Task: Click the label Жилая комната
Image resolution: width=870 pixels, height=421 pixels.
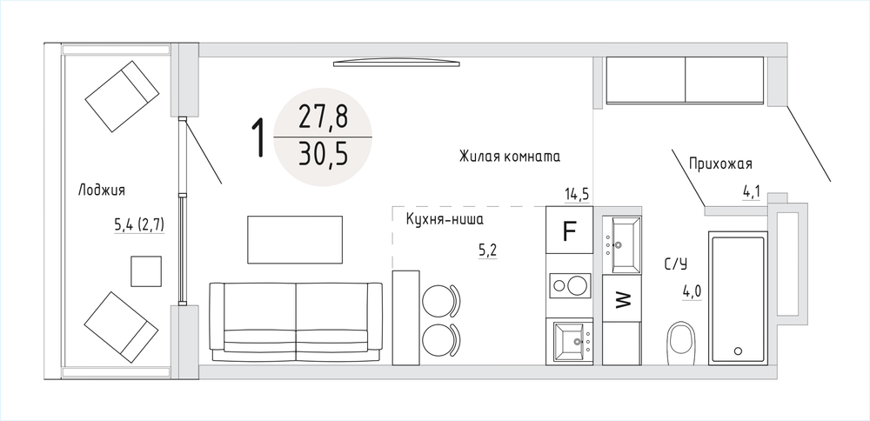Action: (509, 157)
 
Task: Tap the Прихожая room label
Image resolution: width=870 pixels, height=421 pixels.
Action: (720, 164)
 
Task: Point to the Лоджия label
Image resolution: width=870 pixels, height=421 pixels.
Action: (101, 190)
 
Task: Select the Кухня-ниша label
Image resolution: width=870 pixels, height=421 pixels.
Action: (445, 220)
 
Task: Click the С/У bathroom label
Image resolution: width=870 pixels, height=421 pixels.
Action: (676, 264)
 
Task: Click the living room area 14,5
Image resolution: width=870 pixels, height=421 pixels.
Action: (577, 195)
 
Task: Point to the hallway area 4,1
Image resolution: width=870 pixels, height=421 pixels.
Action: (751, 192)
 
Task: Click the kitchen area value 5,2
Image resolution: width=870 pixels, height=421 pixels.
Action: (487, 251)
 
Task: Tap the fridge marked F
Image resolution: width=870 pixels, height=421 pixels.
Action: (569, 231)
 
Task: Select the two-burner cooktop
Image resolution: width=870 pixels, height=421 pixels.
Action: (569, 285)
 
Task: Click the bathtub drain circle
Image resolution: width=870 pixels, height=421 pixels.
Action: (738, 351)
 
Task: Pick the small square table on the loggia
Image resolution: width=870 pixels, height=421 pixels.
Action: (146, 271)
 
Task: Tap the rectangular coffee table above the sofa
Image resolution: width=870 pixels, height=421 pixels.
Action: (295, 239)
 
